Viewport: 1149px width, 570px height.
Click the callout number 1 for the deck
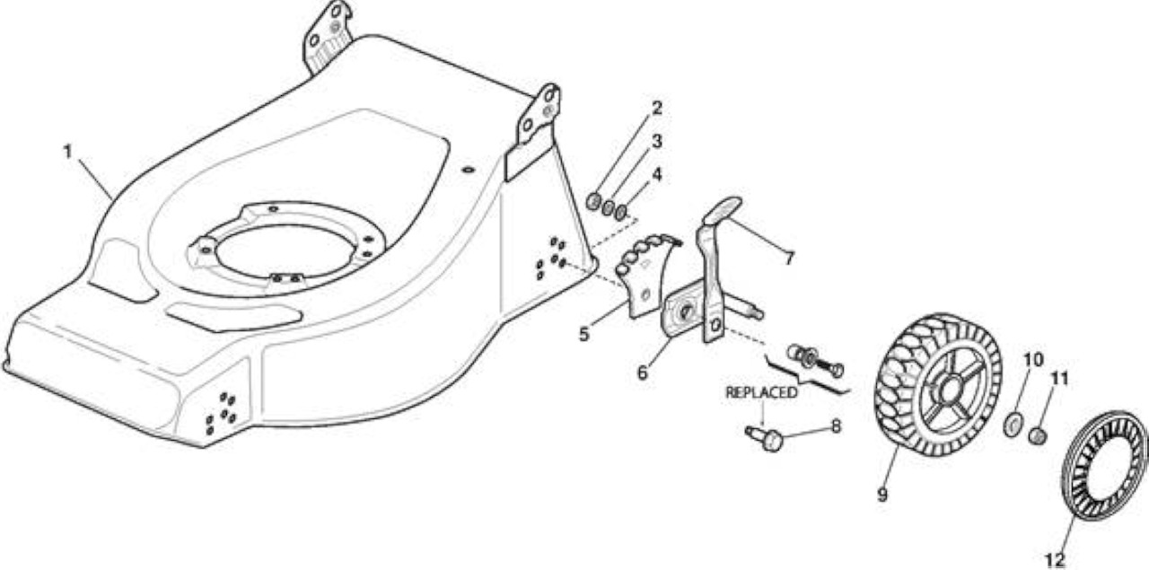[x=67, y=152]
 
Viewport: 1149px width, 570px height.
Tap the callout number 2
[x=656, y=108]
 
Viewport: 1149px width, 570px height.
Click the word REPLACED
[x=761, y=392]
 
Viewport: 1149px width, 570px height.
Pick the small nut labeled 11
[x=1038, y=436]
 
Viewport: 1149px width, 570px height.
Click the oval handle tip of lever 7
[x=724, y=209]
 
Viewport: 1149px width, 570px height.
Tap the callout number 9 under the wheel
[x=882, y=495]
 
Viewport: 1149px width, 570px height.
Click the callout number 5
[x=583, y=335]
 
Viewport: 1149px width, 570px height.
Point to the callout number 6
[x=642, y=373]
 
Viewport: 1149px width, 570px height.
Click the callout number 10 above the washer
[x=1033, y=360]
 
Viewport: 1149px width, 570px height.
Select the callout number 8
[x=836, y=426]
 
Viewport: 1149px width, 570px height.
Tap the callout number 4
[x=656, y=174]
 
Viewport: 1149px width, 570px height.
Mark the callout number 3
[x=656, y=141]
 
